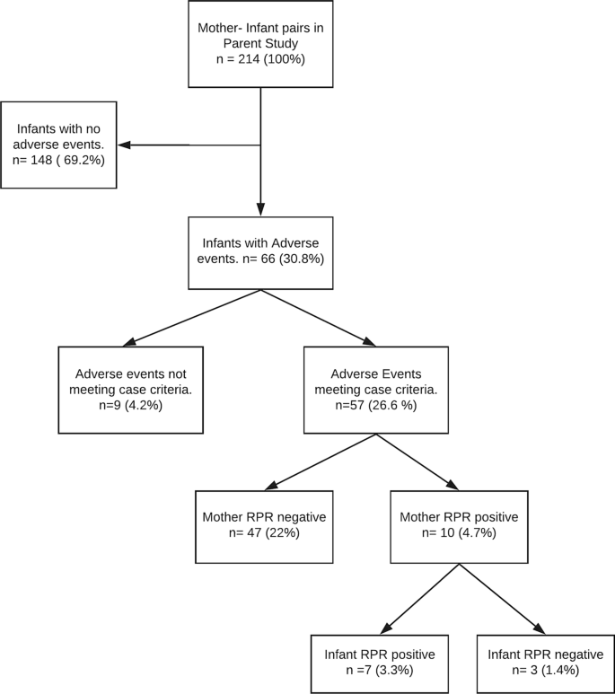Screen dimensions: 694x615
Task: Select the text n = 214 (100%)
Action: pyautogui.click(x=260, y=59)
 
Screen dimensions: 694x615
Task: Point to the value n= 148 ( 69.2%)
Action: pyautogui.click(x=58, y=160)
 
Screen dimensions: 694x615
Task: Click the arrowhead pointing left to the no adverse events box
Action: pyautogui.click(x=125, y=145)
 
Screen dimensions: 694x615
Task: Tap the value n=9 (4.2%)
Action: pyautogui.click(x=131, y=405)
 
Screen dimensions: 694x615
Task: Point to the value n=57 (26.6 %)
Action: pyautogui.click(x=376, y=405)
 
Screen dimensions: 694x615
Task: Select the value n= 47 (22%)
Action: pyautogui.click(x=264, y=532)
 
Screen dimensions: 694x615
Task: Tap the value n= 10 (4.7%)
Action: pyautogui.click(x=459, y=532)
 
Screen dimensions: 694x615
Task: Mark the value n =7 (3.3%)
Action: pyautogui.click(x=380, y=671)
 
